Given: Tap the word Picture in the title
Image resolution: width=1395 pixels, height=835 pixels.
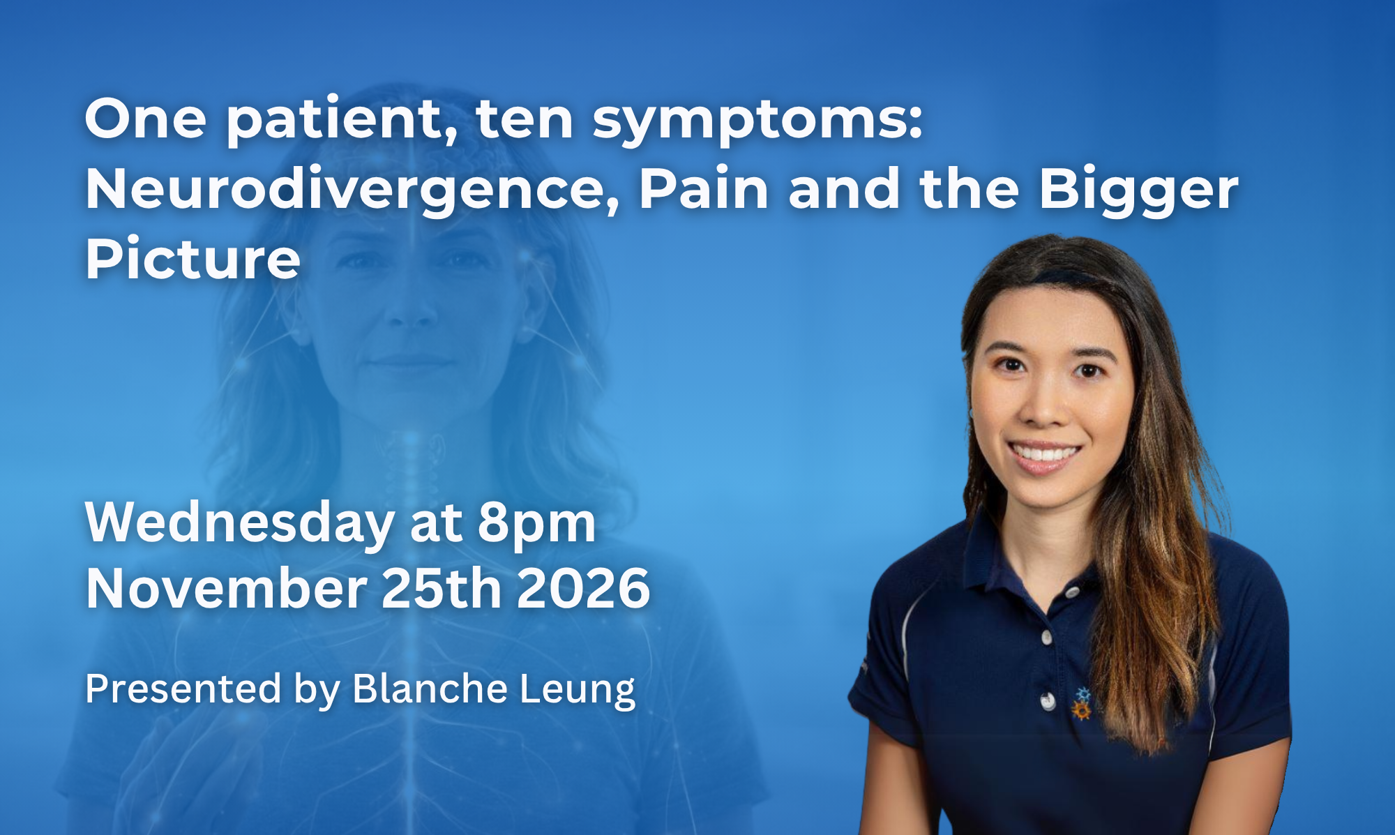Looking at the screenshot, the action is pyautogui.click(x=193, y=259).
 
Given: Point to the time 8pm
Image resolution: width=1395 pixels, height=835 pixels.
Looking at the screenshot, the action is pyautogui.click(x=536, y=525).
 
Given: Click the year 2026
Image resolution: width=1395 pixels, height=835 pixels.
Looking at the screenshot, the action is pyautogui.click(x=584, y=589).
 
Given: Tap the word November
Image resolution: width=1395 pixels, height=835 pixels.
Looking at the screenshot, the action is pyautogui.click(x=226, y=589).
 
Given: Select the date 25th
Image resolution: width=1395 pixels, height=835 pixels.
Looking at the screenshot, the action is pyautogui.click(x=442, y=587).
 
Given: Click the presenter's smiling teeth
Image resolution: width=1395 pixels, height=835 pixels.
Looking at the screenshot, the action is pyautogui.click(x=1044, y=454).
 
